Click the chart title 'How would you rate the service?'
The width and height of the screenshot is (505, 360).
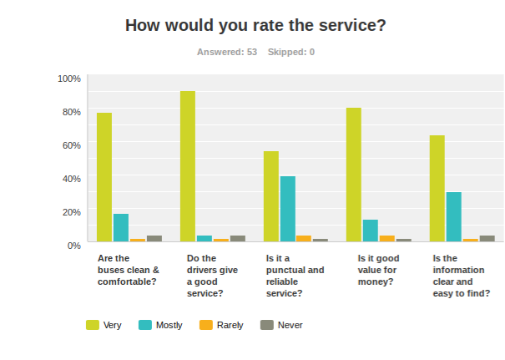255,25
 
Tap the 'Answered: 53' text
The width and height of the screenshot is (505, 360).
226,52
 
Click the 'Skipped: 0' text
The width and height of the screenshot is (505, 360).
290,52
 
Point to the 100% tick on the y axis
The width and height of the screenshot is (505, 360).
69,79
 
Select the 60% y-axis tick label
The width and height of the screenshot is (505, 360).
71,145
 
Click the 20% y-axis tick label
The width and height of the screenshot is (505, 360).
71,212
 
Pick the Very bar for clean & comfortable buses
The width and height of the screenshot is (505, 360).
104,177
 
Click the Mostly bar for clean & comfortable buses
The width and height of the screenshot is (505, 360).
121,228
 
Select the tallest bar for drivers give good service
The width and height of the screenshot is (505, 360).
188,166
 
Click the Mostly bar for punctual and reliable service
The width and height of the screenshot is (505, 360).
288,209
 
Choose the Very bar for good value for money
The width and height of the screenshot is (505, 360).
354,175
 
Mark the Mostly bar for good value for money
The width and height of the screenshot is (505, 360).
371,231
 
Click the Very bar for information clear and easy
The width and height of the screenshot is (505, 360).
437,189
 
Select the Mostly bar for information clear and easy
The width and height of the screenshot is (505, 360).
454,217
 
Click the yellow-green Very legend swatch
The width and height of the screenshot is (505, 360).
93,325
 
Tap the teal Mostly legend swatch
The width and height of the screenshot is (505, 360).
144,325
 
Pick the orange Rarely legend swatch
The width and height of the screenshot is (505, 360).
206,325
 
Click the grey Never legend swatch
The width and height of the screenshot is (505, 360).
267,325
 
